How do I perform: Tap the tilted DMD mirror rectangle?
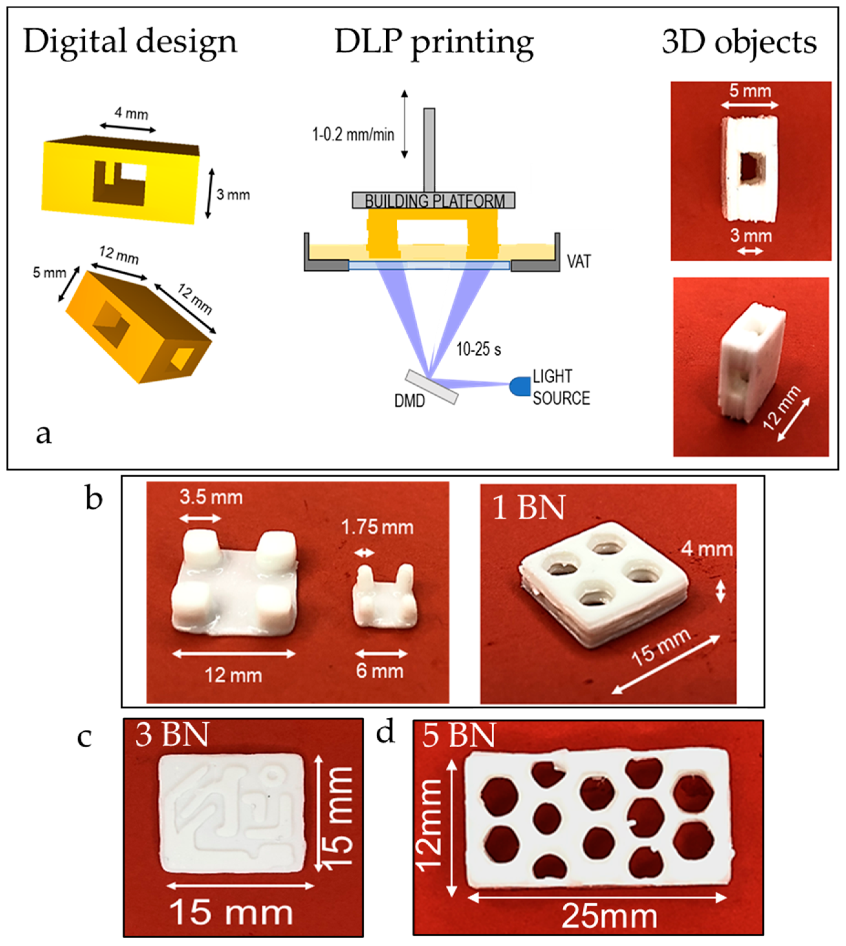click(432, 387)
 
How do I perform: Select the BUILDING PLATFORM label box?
click(434, 200)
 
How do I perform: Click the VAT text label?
click(579, 262)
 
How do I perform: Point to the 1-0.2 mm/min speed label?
click(353, 135)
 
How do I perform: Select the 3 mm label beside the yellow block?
click(233, 194)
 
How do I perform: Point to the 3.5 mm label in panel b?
click(211, 497)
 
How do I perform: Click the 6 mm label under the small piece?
click(379, 671)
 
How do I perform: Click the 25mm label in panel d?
click(610, 916)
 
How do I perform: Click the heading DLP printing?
click(434, 43)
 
